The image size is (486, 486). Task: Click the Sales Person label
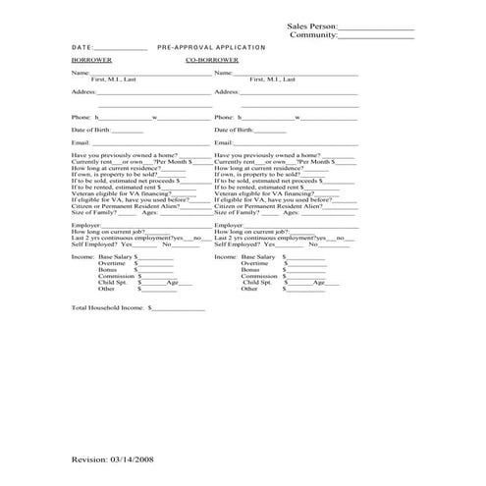coord(311,26)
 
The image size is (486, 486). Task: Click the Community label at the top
coord(313,34)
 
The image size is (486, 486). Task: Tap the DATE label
coord(82,47)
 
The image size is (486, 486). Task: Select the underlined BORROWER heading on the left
coord(90,60)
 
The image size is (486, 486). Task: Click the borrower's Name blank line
coord(148,74)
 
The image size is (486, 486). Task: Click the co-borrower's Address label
coord(227,91)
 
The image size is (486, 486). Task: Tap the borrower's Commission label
coord(116,276)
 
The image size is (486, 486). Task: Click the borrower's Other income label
coord(106,290)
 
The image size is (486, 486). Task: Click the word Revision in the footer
coord(89,459)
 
